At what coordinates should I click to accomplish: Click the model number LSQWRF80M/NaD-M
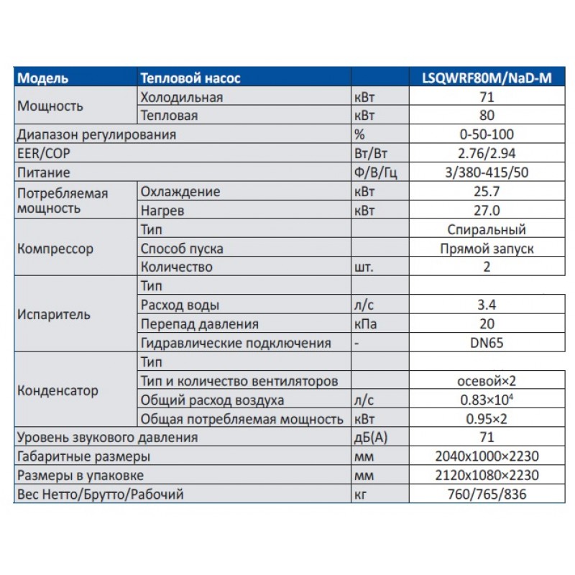pyautogui.click(x=487, y=78)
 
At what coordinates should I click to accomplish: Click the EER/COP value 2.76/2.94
pyautogui.click(x=487, y=153)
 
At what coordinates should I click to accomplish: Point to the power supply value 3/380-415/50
pyautogui.click(x=487, y=172)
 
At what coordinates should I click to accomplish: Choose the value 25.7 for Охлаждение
pyautogui.click(x=487, y=192)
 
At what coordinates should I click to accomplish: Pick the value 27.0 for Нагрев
pyautogui.click(x=487, y=211)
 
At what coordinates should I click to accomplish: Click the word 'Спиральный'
pyautogui.click(x=487, y=229)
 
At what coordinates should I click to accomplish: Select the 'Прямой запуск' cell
pyautogui.click(x=487, y=249)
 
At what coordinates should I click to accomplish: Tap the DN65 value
pyautogui.click(x=487, y=343)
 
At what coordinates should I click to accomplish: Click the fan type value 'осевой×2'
pyautogui.click(x=487, y=380)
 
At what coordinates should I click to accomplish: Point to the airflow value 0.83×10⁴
pyautogui.click(x=487, y=400)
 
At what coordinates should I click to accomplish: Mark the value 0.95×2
pyautogui.click(x=487, y=418)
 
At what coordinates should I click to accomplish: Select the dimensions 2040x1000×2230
pyautogui.click(x=487, y=456)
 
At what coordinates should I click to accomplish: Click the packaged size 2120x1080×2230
pyautogui.click(x=487, y=475)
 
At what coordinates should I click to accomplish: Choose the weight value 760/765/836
pyautogui.click(x=487, y=494)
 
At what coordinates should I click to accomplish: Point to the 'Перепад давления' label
pyautogui.click(x=200, y=324)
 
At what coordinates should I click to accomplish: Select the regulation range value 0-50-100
pyautogui.click(x=487, y=134)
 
